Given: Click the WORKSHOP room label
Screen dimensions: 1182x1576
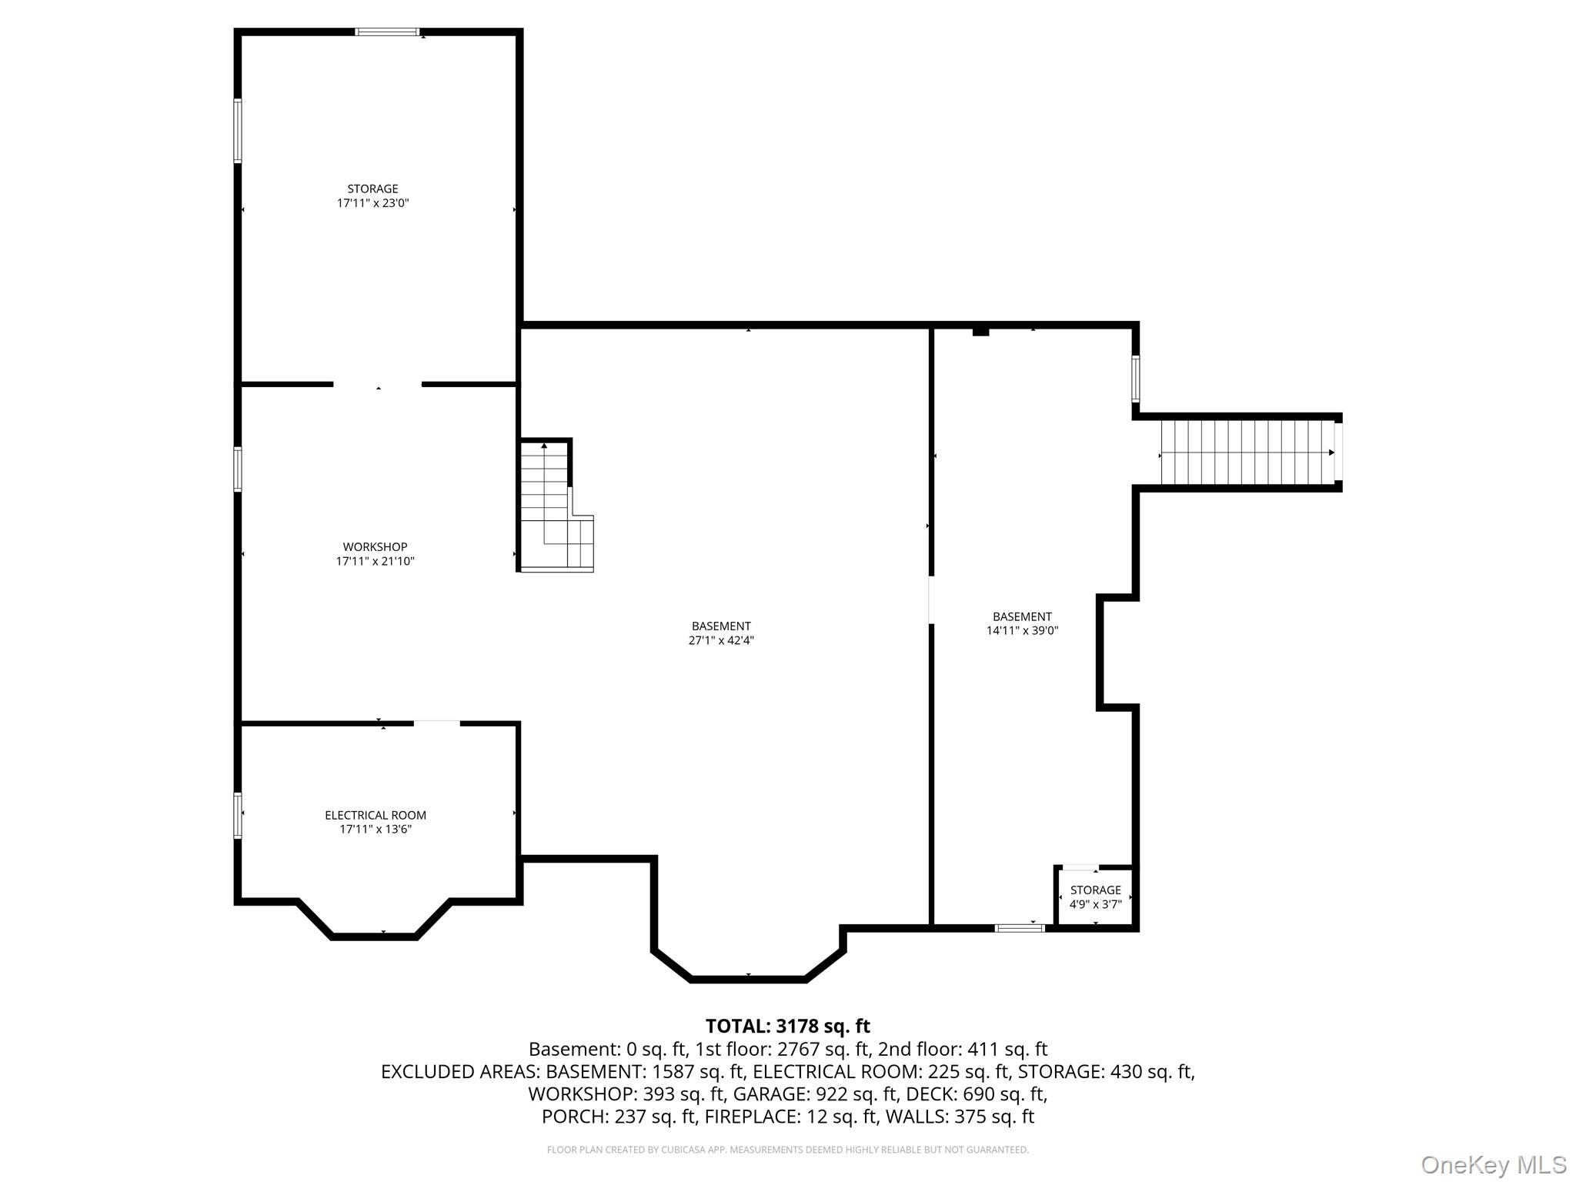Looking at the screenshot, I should [x=375, y=547].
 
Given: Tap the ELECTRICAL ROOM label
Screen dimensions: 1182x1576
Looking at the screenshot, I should [x=375, y=815].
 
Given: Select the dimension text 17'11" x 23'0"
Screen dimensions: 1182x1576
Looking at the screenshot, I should [x=372, y=203].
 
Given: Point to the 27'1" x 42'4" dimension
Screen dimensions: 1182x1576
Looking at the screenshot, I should [x=720, y=640].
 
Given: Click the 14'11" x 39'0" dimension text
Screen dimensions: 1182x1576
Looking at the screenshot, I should [x=1022, y=630].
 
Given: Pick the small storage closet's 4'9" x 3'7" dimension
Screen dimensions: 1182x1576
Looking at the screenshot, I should [x=1095, y=904].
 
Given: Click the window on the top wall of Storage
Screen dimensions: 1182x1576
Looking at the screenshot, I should [x=387, y=32].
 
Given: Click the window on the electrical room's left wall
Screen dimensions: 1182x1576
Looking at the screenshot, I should [x=238, y=815].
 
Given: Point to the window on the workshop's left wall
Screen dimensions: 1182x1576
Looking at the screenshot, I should [x=238, y=469].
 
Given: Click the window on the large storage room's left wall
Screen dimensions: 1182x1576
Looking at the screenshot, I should [x=238, y=131].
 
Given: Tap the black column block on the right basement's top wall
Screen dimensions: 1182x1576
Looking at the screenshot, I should [x=980, y=331].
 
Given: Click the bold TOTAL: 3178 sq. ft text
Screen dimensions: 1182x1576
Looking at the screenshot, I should [x=787, y=1026].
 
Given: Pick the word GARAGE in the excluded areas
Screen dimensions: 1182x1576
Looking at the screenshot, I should [x=765, y=1094].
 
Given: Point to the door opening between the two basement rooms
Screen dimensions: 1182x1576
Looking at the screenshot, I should [x=931, y=599].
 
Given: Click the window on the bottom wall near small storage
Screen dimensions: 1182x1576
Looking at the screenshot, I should [x=1020, y=928].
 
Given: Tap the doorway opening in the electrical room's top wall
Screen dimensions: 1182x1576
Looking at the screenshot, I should [x=436, y=723].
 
